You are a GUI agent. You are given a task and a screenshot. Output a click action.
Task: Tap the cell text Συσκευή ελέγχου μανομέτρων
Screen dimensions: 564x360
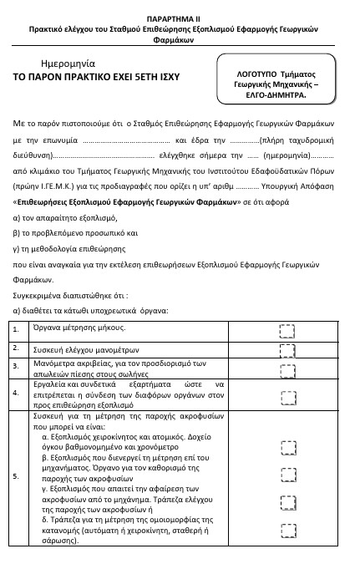[x=85, y=349]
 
